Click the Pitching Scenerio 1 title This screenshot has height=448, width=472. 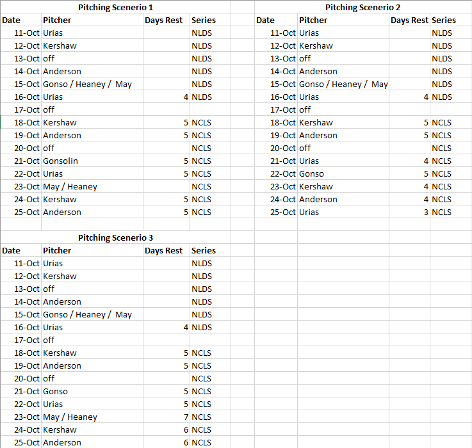115,7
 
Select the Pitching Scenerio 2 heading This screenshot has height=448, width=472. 362,7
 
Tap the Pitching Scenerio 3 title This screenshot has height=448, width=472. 115,237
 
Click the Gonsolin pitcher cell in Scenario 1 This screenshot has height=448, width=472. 60,161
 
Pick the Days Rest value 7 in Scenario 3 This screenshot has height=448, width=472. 185,417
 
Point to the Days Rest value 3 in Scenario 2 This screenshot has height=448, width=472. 426,212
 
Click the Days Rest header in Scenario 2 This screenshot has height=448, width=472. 409,20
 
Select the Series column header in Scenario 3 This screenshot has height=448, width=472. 204,250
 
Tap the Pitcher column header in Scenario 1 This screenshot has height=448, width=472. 57,20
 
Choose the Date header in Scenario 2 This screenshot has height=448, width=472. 265,20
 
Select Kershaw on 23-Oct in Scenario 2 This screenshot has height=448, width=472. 316,186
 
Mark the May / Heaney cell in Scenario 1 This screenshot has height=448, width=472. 70,186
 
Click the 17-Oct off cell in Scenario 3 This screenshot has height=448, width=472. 49,340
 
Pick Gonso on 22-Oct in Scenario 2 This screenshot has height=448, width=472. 311,173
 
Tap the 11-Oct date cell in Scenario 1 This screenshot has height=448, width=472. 27,33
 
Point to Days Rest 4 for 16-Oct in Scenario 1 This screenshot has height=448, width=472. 185,97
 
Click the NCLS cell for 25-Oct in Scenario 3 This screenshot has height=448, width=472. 201,442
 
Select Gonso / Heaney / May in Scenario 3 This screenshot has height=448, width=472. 87,314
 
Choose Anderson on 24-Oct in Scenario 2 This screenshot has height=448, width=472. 318,199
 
